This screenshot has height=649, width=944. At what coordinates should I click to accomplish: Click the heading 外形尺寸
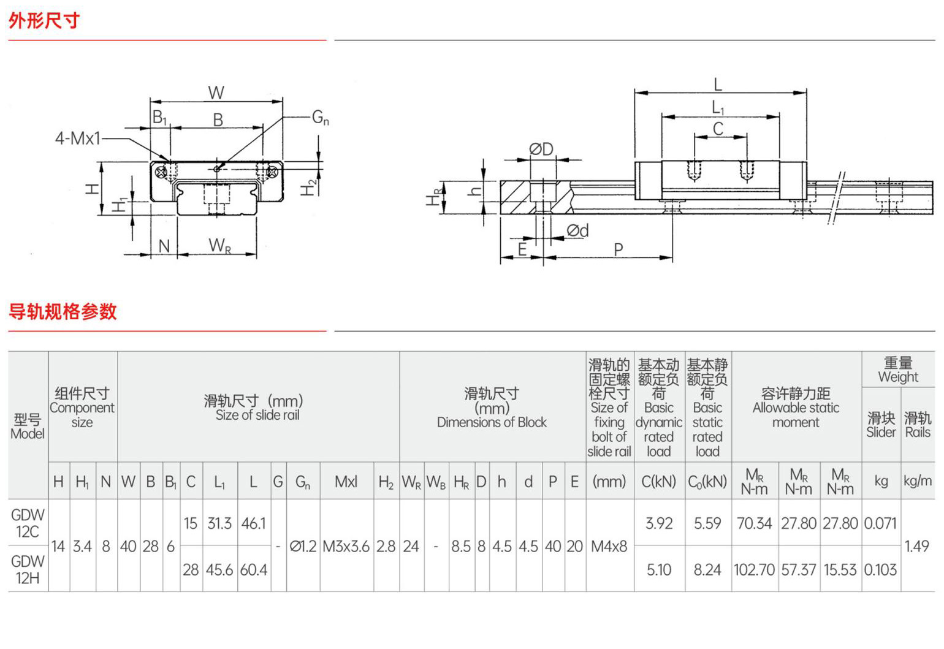point(44,20)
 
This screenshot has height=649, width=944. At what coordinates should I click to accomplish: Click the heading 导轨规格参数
point(63,311)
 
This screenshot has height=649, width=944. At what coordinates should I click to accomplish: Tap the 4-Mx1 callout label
point(77,139)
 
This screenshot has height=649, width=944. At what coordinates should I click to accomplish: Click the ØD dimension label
point(541,149)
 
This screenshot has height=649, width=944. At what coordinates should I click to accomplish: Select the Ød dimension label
point(578,230)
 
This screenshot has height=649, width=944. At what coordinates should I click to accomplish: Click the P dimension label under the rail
point(619,249)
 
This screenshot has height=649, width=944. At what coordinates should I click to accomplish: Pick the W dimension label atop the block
point(216,93)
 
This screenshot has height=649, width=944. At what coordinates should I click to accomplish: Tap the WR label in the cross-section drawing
point(219,245)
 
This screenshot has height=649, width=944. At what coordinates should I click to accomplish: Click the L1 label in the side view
point(718,107)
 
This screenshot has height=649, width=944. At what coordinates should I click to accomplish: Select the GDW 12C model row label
point(28,523)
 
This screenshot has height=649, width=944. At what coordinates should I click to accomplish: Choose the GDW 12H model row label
point(28,569)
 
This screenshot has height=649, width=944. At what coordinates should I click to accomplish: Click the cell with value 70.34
point(755,523)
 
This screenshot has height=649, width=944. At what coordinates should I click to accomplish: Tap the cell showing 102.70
point(755,570)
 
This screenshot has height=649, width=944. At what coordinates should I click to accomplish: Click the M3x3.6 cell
point(346,547)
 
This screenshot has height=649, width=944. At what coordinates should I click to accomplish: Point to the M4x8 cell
point(609,547)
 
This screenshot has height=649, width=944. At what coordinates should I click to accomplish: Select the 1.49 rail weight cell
point(917,546)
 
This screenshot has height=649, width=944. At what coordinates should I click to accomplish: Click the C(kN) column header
point(659,481)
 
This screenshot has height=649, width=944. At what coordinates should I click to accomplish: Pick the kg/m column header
point(918,481)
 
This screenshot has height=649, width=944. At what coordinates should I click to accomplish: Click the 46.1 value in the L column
point(253,523)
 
